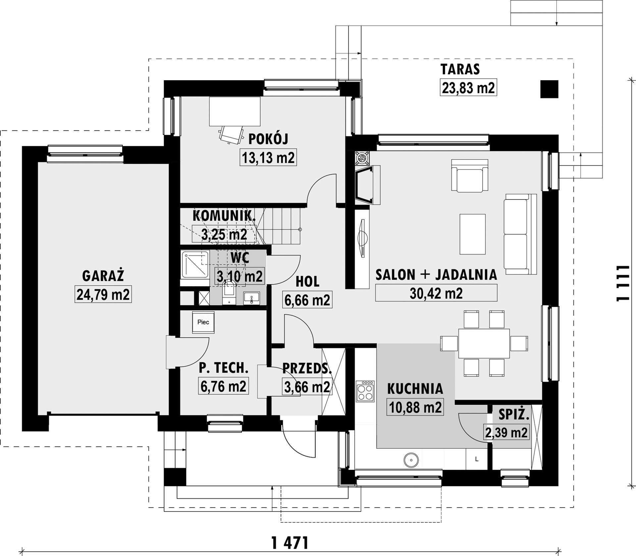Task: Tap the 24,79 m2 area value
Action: (x=103, y=294)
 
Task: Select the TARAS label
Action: (x=460, y=69)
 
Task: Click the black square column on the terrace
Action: (x=549, y=89)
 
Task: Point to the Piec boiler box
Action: (x=203, y=322)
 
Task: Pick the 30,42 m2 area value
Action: (x=436, y=293)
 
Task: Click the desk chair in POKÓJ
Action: (x=230, y=135)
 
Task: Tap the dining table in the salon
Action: (x=484, y=343)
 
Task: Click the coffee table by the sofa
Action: (x=473, y=234)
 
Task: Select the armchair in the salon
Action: (x=470, y=175)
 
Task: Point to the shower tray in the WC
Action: (x=195, y=264)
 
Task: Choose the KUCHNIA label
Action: (x=415, y=389)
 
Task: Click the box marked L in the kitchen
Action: (x=477, y=459)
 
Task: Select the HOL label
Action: (x=307, y=281)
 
